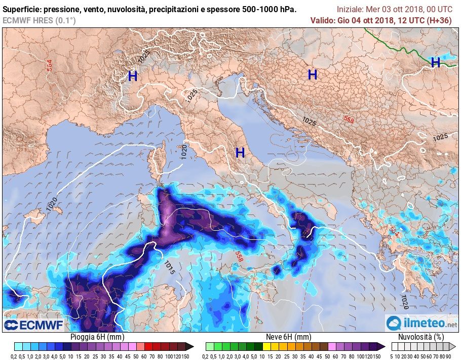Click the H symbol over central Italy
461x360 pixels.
tap(240, 152)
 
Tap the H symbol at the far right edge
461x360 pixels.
tap(435, 62)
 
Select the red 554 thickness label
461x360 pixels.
tap(50, 65)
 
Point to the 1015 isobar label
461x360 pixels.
tap(170, 267)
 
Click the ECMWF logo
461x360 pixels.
tap(33, 325)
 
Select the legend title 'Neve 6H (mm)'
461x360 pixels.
tap(288, 337)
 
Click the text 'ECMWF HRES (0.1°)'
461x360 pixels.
tap(39, 20)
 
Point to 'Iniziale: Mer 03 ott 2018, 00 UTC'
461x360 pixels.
tap(395, 10)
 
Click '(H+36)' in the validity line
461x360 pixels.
tap(439, 20)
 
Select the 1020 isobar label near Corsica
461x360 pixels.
tap(184, 151)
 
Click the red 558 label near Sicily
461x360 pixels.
tap(239, 257)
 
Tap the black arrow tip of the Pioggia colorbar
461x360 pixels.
tap(190, 346)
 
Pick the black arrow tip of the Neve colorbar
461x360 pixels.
tap(382, 346)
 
